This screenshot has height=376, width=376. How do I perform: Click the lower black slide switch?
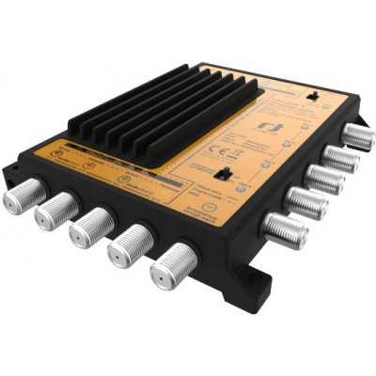tap(225, 174)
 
